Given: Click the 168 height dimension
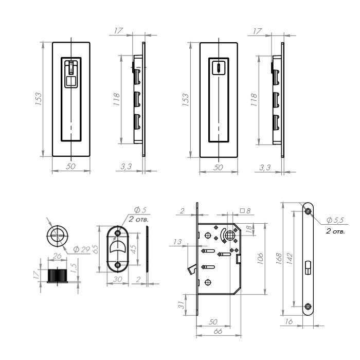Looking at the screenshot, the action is click(279, 259).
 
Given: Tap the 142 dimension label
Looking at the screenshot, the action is click(290, 259).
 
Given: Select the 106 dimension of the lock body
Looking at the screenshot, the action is click(260, 259).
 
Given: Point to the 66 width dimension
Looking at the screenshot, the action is click(218, 331).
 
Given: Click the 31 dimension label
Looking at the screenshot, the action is click(181, 304).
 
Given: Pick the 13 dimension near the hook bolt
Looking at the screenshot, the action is click(177, 242).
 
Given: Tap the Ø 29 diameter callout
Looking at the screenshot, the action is click(81, 249).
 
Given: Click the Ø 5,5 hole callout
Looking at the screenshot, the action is click(335, 220).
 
